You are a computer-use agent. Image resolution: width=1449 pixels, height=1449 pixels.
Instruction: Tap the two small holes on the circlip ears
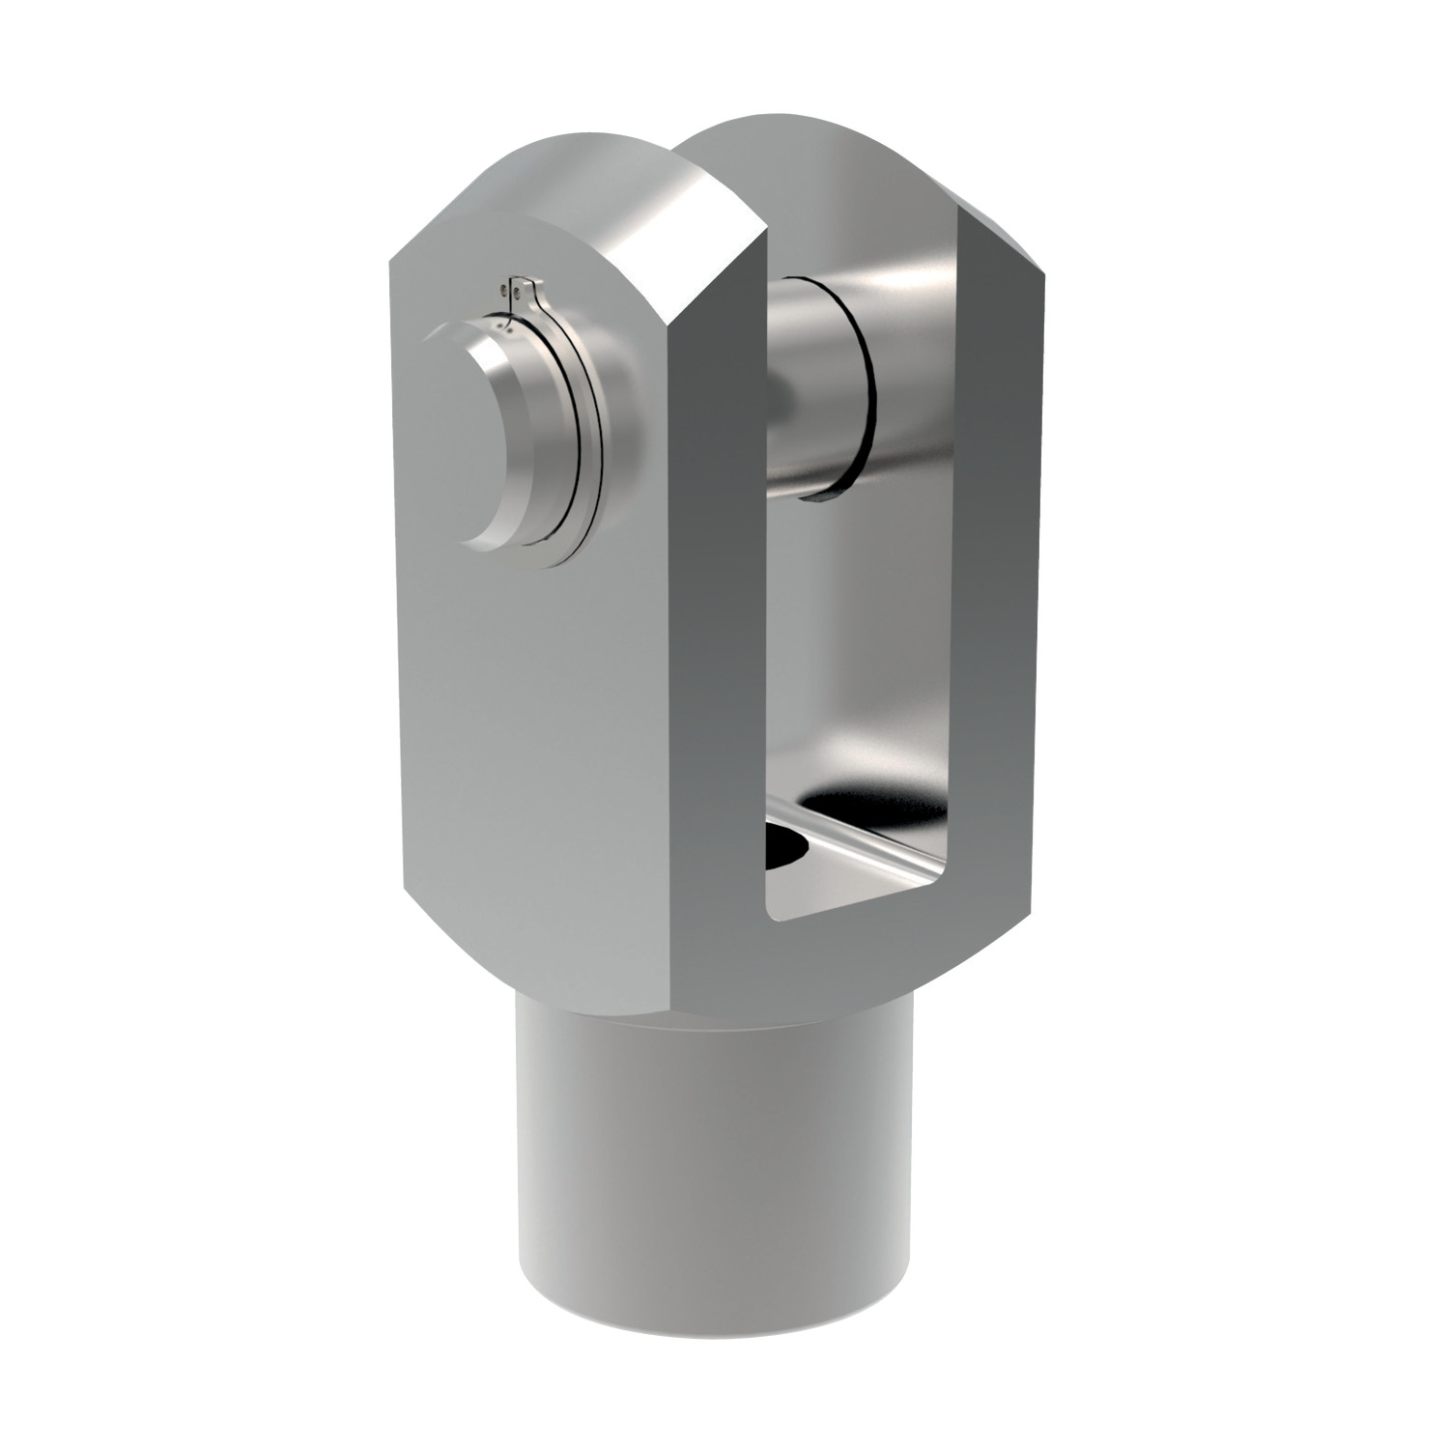[x=512, y=289]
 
